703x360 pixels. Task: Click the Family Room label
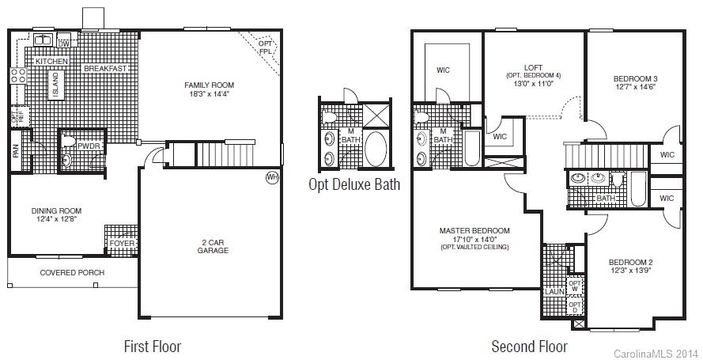pyautogui.click(x=209, y=85)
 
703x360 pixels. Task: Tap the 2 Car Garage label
pyautogui.click(x=213, y=245)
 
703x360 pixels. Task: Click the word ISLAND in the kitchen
pyautogui.click(x=55, y=85)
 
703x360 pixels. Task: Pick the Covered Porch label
pyautogui.click(x=72, y=273)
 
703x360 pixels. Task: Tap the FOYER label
pyautogui.click(x=122, y=244)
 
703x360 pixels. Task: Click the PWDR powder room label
pyautogui.click(x=88, y=146)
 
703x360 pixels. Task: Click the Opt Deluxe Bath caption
pyautogui.click(x=353, y=185)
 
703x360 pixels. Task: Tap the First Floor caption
pyautogui.click(x=153, y=347)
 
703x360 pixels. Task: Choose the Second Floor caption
pyautogui.click(x=529, y=347)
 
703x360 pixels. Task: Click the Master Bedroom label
pyautogui.click(x=474, y=230)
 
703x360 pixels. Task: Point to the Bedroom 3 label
pyautogui.click(x=635, y=78)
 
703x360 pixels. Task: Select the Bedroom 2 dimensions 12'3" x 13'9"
pyautogui.click(x=629, y=271)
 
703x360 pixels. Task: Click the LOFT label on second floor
pyautogui.click(x=533, y=67)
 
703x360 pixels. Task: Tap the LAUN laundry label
pyautogui.click(x=551, y=292)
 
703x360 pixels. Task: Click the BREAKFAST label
pyautogui.click(x=105, y=69)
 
